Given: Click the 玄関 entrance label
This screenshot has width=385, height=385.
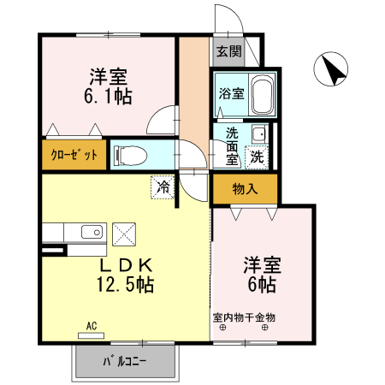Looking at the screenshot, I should pyautogui.click(x=228, y=51).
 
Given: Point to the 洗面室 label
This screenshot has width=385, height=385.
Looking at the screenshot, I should pyautogui.click(x=233, y=145).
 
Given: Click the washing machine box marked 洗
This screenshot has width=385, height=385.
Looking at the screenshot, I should pyautogui.click(x=256, y=157).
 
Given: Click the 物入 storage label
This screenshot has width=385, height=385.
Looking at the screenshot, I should pyautogui.click(x=245, y=188).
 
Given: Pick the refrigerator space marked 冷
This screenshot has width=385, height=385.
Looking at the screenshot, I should pyautogui.click(x=163, y=187).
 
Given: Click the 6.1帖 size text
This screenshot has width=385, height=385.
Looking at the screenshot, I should pyautogui.click(x=108, y=96).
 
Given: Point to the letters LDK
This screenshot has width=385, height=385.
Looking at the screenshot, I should pyautogui.click(x=125, y=264).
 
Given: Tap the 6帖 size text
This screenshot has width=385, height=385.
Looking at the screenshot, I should pyautogui.click(x=262, y=283).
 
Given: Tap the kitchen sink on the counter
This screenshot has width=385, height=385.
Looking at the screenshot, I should pyautogui.click(x=89, y=232).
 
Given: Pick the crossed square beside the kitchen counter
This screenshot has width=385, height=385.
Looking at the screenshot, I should pyautogui.click(x=125, y=233).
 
